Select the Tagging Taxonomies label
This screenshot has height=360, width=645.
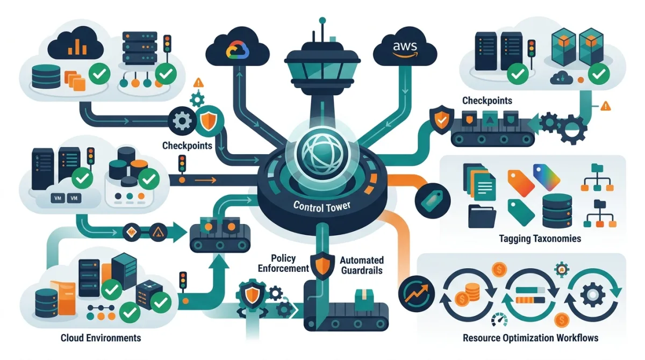coord(539,238)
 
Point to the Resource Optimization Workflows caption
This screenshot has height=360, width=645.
coord(530,338)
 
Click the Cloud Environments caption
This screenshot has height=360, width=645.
coord(101,337)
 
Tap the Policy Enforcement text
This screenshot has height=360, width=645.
coord(283,263)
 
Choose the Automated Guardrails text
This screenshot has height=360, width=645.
coord(361,265)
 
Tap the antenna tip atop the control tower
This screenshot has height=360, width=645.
coord(322,20)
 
